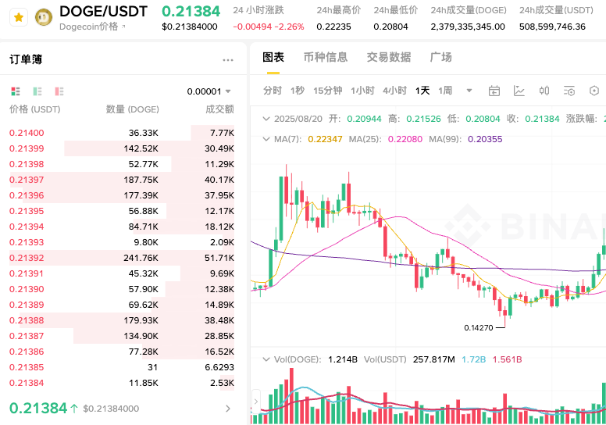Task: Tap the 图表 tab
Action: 273,57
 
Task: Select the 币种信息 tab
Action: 326,57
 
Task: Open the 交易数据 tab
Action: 389,57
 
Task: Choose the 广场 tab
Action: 441,57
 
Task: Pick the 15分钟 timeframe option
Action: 328,91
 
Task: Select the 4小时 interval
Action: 394,91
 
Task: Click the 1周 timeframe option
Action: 445,91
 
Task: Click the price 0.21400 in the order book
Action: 27,134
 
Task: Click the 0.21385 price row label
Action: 27,367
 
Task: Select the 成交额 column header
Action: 219,109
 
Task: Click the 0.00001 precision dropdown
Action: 209,91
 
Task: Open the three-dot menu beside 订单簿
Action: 228,60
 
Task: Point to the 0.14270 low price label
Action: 478,328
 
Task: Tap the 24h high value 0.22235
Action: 333,27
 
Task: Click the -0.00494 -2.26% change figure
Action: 269,27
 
